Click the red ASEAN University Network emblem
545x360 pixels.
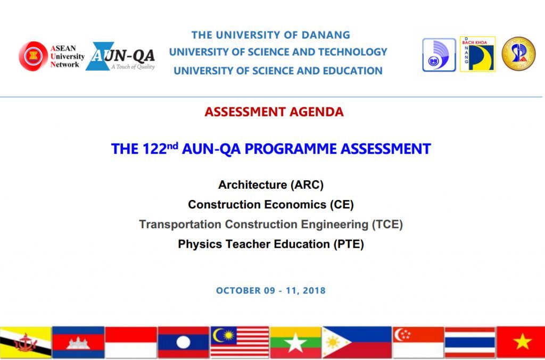click(34, 56)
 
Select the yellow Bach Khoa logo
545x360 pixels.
click(477, 54)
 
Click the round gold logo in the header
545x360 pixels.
click(518, 54)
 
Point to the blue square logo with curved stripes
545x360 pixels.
click(439, 55)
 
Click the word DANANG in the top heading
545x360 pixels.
click(326, 35)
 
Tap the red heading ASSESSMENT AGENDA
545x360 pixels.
click(274, 112)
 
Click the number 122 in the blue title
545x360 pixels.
click(154, 149)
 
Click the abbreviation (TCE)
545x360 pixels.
click(387, 224)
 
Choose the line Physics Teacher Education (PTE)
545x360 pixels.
click(271, 244)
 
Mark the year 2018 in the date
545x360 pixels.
click(314, 290)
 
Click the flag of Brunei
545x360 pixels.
click(26, 342)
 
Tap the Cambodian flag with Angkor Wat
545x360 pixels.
click(78, 342)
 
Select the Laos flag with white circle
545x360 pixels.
click(183, 342)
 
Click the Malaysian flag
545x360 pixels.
click(240, 342)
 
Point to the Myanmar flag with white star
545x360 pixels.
click(295, 342)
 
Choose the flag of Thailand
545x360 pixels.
click(470, 342)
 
